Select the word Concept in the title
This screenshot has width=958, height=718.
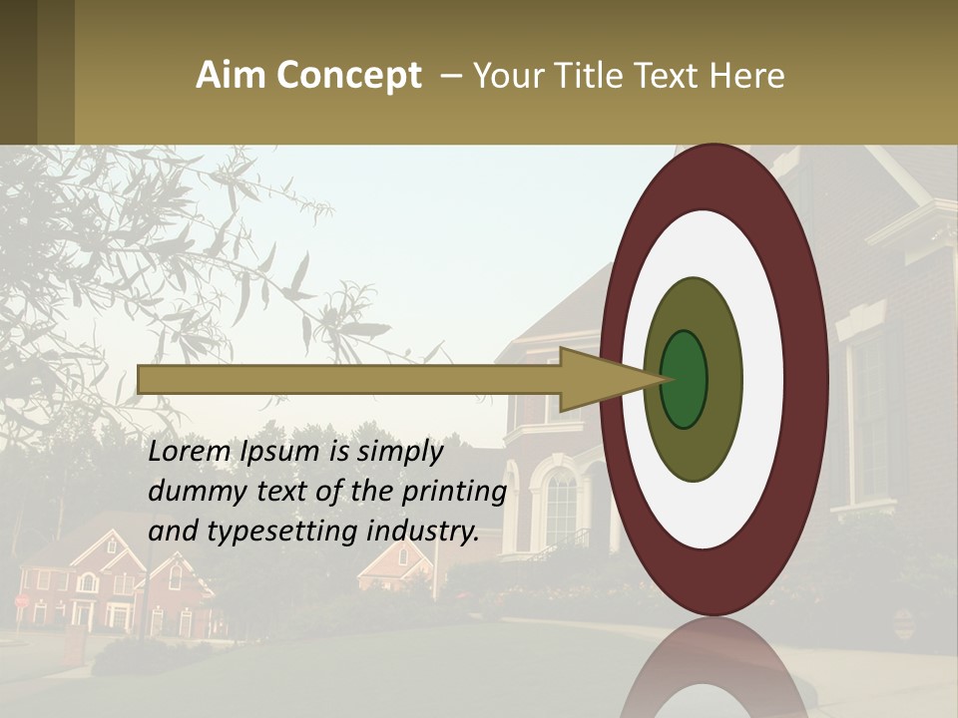pyautogui.click(x=348, y=76)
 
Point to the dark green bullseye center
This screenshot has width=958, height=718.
pyautogui.click(x=684, y=380)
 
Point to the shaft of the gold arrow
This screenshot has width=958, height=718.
pyautogui.click(x=349, y=379)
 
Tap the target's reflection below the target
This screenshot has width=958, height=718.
pyautogui.click(x=714, y=668)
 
